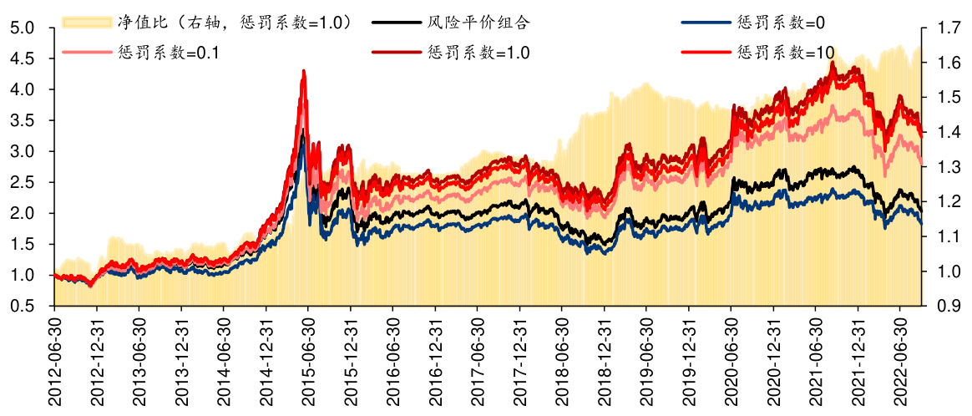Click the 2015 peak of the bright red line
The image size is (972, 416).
(303, 71)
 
